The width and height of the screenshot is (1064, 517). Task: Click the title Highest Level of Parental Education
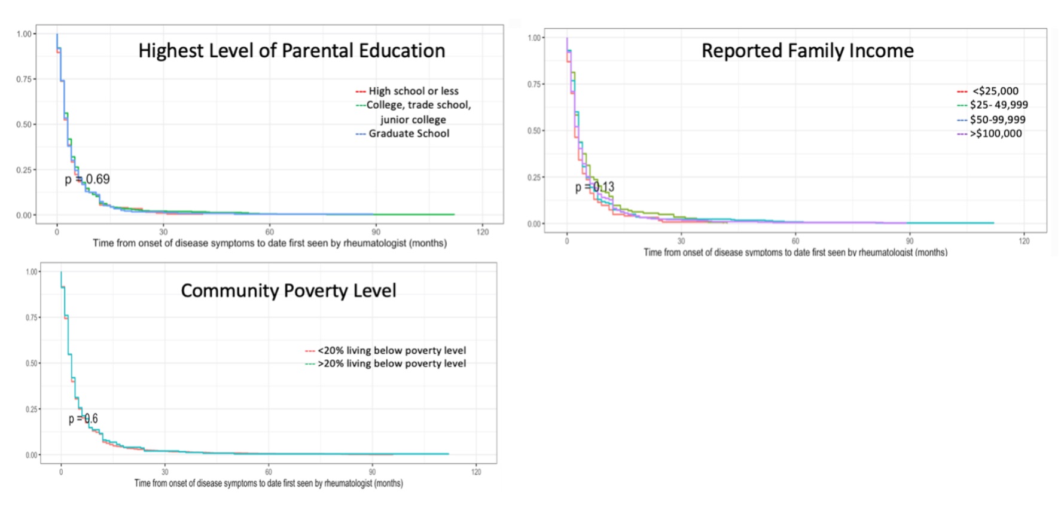(291, 51)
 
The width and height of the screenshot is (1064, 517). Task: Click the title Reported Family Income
(807, 51)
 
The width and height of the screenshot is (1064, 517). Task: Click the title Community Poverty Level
(288, 290)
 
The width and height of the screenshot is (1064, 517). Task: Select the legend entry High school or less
(413, 91)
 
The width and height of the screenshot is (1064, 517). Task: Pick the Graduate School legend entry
(408, 133)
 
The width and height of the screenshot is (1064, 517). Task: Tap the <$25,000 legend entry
(995, 91)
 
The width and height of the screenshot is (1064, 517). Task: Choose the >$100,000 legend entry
(995, 133)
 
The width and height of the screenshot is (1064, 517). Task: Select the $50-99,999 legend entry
(997, 120)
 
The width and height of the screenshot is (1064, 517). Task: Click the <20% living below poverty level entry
(391, 350)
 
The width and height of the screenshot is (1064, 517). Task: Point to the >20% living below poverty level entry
(391, 363)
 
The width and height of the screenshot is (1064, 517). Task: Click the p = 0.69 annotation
(87, 179)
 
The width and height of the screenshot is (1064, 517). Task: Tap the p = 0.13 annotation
(595, 187)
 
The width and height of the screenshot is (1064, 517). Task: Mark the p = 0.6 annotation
(83, 419)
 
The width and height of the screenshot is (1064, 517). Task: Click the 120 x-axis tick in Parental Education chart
(482, 232)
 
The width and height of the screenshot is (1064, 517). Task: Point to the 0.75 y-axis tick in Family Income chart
(533, 84)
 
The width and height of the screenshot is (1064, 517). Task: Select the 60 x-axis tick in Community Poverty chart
(269, 472)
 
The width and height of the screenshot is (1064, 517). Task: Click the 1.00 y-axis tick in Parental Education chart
(24, 34)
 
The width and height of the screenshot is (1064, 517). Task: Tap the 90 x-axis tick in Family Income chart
(909, 241)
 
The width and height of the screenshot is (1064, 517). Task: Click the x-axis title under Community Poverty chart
(269, 483)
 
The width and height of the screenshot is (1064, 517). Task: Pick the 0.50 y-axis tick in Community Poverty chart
(32, 363)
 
